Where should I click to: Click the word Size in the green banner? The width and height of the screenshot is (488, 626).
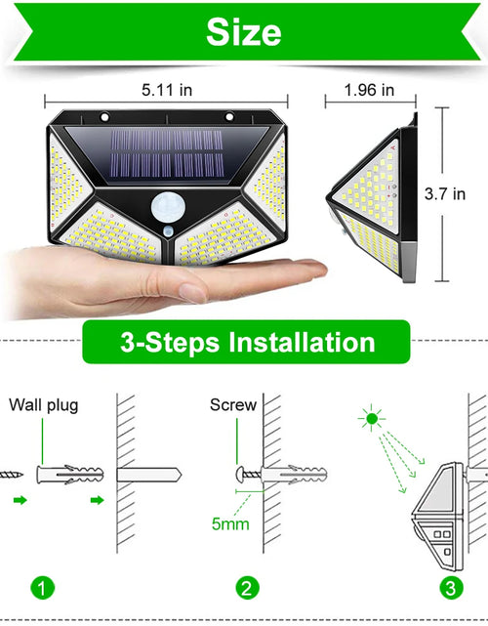click(243, 32)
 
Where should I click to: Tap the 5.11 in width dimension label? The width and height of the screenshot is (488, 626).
click(165, 91)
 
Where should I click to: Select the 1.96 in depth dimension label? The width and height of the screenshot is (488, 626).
click(369, 91)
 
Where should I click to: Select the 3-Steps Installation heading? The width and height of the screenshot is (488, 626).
click(246, 343)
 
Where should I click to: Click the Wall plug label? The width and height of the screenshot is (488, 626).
click(44, 403)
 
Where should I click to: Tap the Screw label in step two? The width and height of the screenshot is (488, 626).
click(233, 403)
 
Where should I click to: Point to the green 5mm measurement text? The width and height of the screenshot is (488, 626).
click(230, 524)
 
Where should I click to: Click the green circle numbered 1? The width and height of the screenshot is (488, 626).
click(42, 588)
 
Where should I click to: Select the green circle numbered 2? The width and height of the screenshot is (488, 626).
click(248, 588)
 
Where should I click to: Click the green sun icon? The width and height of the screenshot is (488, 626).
click(370, 421)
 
